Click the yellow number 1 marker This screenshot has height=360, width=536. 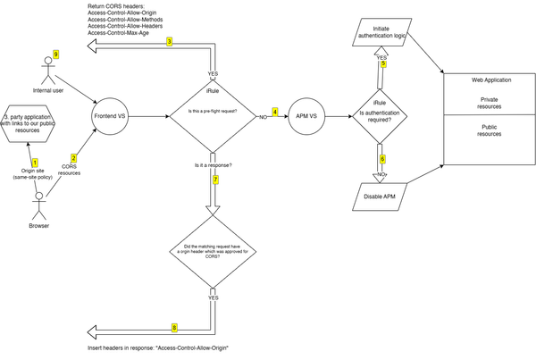(36, 162)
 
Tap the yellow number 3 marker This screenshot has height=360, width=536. (169, 42)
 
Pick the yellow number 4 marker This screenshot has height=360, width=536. (275, 113)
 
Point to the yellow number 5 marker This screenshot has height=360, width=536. (382, 63)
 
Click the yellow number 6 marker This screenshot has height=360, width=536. (382, 159)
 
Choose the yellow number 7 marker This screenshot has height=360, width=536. (216, 180)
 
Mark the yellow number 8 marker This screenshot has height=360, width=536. (174, 327)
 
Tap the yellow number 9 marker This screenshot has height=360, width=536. (55, 55)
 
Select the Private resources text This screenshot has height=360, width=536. (490, 103)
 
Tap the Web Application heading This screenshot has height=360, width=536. (490, 81)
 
